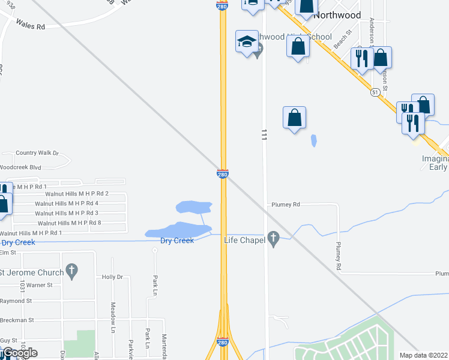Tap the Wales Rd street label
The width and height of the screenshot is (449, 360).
(31, 26)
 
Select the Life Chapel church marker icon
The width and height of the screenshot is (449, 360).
(274, 239)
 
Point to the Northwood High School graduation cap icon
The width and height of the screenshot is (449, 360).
(247, 42)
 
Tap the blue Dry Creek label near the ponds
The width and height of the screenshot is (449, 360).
(177, 241)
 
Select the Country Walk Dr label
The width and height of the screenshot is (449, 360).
(37, 153)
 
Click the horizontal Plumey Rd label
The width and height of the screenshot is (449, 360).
(285, 205)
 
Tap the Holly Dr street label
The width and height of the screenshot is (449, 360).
(112, 277)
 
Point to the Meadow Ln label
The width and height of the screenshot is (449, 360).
(112, 317)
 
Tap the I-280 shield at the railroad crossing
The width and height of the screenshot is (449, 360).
(223, 174)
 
